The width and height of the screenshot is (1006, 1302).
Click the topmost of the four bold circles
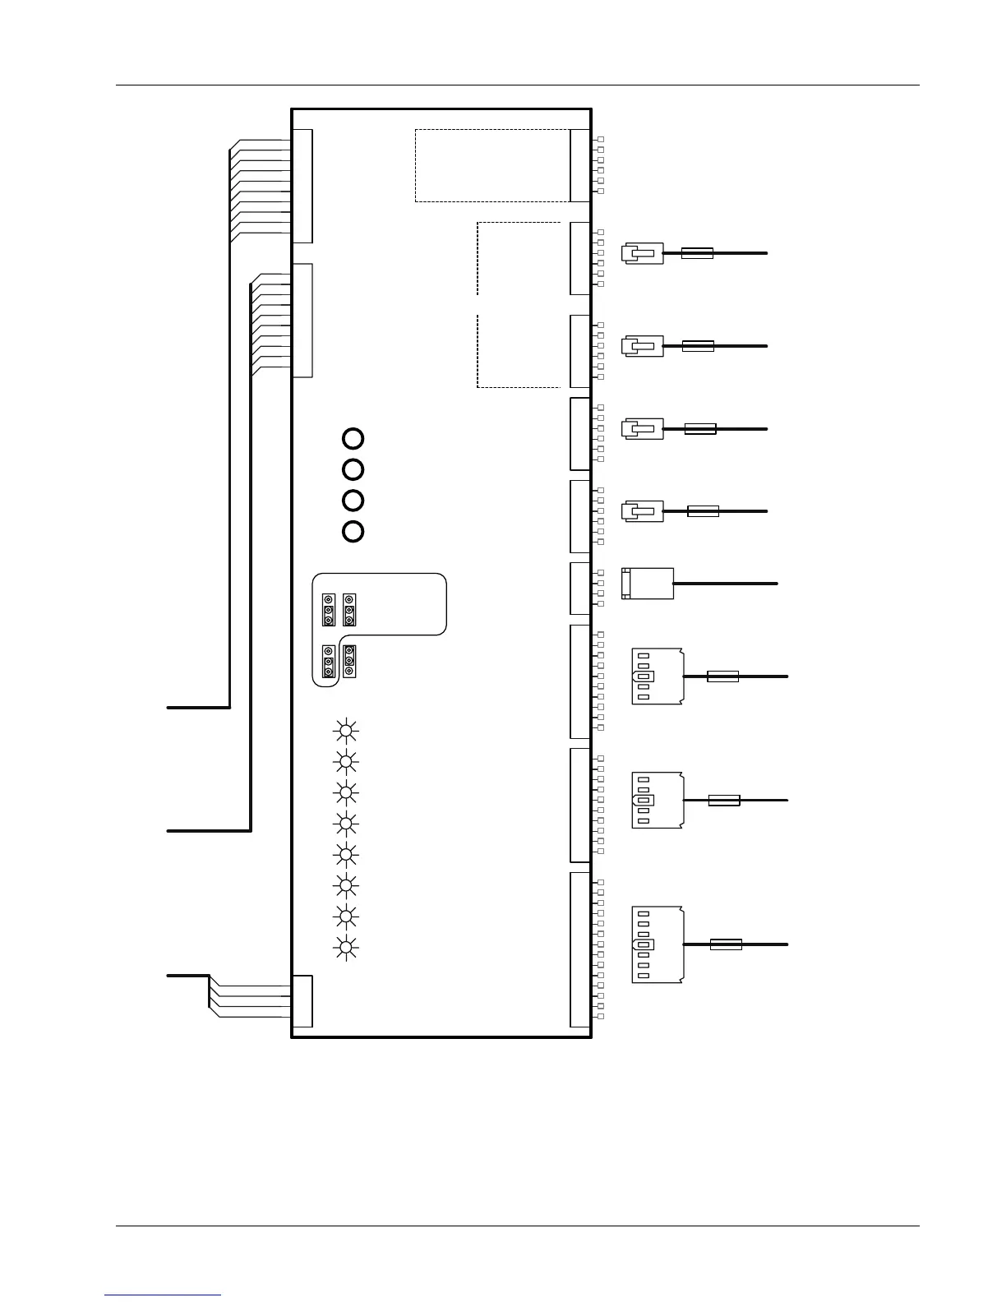353,438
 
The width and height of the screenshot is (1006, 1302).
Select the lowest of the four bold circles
353,531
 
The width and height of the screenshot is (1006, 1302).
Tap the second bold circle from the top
353,469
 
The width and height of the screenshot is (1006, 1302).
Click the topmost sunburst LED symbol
346,730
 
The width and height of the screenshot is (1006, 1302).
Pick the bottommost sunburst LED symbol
346,948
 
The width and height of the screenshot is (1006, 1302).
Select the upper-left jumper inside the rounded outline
328,610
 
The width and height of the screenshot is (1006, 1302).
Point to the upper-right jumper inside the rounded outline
349,610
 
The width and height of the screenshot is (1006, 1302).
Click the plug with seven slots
657,944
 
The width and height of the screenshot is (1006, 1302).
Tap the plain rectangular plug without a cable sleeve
648,583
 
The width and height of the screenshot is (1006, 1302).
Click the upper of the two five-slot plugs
657,676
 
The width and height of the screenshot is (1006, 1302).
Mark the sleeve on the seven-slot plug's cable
726,944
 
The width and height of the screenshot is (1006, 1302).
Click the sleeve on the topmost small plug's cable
697,253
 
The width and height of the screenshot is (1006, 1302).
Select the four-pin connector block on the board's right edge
580,589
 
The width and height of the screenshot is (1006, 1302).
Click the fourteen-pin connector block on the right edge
580,949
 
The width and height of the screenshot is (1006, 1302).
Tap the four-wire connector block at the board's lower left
302,1000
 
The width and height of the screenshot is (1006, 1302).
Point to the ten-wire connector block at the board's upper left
302,187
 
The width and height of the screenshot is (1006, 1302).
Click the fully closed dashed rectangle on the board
491,165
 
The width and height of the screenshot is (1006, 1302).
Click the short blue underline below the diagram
163,1295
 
